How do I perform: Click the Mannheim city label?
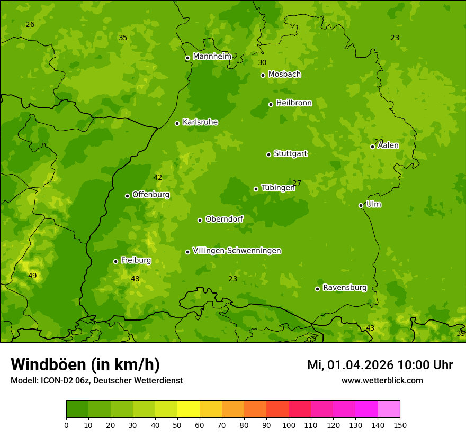point(212,57)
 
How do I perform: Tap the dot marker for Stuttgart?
point(268,154)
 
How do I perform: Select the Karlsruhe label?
point(200,122)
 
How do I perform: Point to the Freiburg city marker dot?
point(115,261)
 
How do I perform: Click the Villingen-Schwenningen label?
point(237,251)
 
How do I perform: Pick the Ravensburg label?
point(345,288)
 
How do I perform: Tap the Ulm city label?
point(373,204)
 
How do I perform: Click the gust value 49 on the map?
point(32,276)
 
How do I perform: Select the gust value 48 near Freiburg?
point(135,279)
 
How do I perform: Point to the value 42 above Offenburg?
point(158,177)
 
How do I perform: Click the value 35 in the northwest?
point(123,38)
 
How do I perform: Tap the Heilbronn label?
point(294,103)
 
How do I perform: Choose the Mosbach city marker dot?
point(263,75)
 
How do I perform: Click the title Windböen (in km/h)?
point(85,364)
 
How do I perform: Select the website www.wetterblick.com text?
point(382,380)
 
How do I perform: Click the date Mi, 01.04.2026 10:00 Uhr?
point(380,365)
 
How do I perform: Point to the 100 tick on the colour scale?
point(289,424)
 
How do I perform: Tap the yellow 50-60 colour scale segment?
point(189,409)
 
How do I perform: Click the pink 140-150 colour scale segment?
point(389,409)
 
